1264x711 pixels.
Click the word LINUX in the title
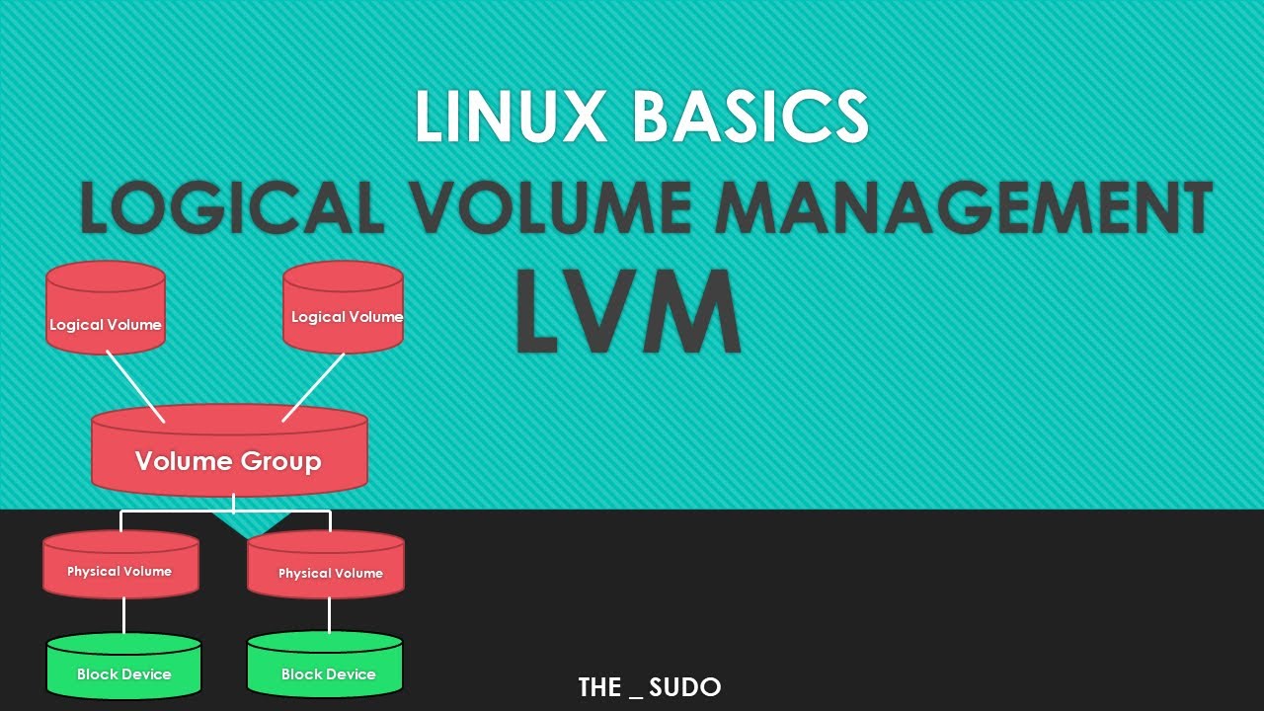512,118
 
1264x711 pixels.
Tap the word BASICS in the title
750,118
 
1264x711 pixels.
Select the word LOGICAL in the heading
232,208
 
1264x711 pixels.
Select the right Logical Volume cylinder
343,306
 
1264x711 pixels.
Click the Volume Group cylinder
229,454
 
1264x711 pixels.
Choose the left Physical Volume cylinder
120,565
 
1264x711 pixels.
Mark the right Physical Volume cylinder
326,566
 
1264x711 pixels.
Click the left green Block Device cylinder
124,666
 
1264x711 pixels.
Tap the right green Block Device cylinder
325,666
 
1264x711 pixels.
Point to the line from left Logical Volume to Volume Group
135,386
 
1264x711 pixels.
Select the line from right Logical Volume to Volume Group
313,387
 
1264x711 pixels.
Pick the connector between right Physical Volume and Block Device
329,615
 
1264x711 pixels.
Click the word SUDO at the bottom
685,687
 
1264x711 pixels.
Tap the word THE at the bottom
599,687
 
